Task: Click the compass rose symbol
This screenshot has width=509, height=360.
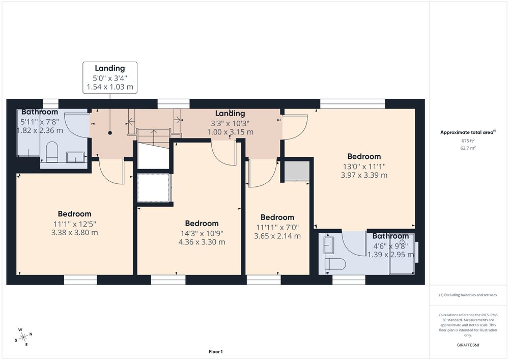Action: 23,338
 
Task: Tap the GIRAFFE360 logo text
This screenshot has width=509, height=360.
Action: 468,345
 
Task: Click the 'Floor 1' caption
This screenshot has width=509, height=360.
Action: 216,351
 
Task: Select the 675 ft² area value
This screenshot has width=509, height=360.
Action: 468,141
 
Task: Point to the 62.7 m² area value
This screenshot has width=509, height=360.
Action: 468,148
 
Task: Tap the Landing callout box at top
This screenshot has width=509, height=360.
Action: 110,77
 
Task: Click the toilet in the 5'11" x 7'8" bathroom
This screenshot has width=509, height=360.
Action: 51,152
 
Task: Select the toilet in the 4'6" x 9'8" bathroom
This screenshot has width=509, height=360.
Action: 335,264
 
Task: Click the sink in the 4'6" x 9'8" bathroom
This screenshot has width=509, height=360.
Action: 328,245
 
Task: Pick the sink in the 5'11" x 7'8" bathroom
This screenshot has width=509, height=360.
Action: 76,157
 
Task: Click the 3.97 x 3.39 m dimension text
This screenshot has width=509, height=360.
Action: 364,175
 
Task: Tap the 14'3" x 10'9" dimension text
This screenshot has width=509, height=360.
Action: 202,233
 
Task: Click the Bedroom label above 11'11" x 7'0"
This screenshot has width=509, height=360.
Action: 277,217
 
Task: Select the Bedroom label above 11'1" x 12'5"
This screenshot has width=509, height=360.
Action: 75,214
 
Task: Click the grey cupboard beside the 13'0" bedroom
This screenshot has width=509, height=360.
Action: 297,170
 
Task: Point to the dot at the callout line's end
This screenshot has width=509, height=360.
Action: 110,133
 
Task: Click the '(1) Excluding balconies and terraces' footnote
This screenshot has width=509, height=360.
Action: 468,295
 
